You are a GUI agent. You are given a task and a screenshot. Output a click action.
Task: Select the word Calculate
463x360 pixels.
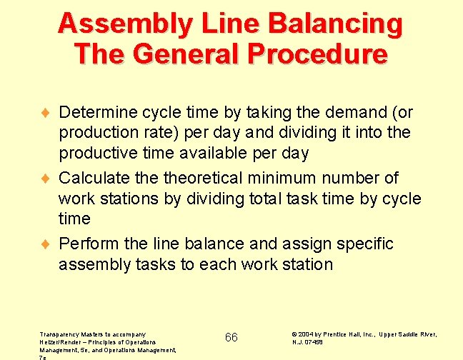pyautogui.click(x=94, y=177)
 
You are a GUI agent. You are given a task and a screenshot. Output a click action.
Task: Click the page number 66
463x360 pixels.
pyautogui.click(x=231, y=337)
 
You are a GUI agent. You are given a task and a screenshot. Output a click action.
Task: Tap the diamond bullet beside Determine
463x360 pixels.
pyautogui.click(x=46, y=113)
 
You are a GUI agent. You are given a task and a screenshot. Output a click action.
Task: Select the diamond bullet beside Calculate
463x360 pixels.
pyautogui.click(x=46, y=177)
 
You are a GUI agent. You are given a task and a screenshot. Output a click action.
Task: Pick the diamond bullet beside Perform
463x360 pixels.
pyautogui.click(x=46, y=244)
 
